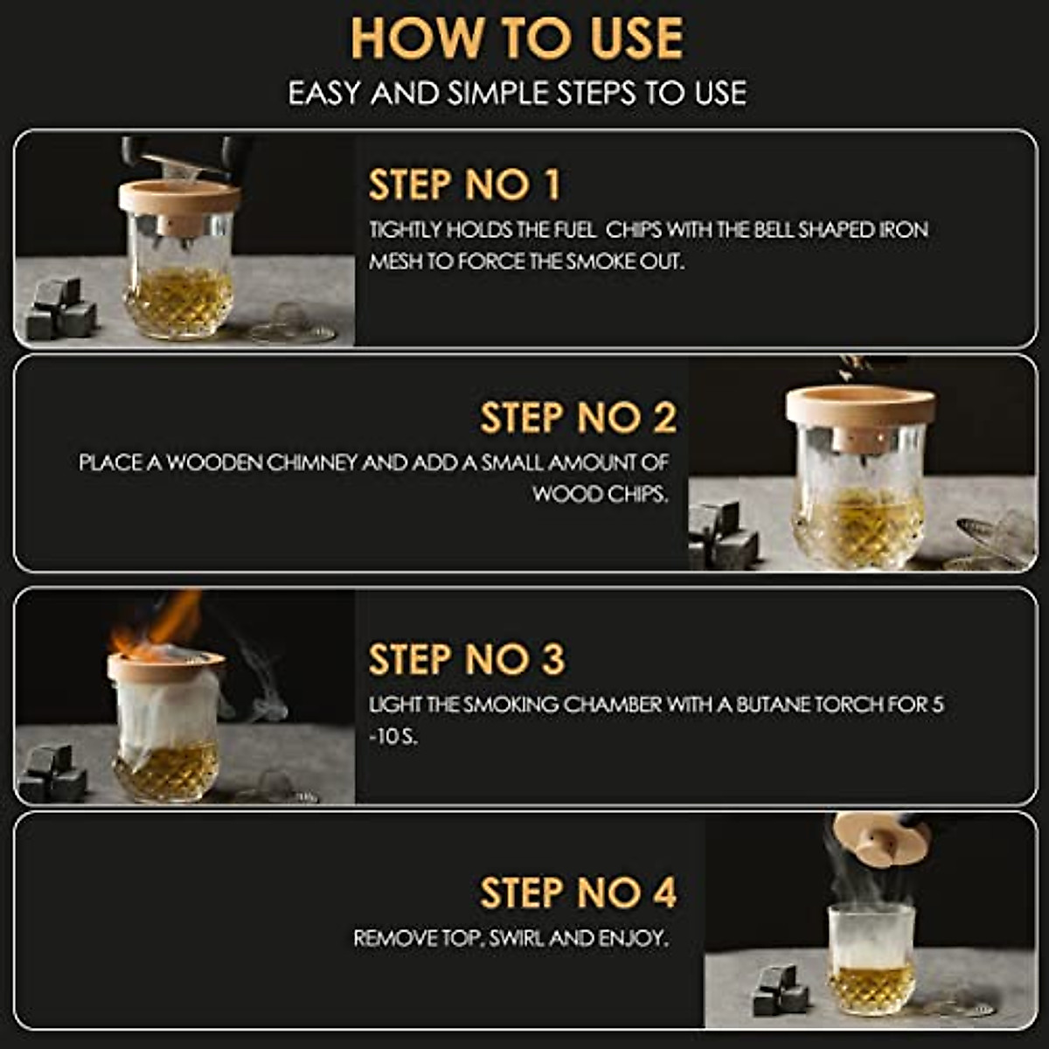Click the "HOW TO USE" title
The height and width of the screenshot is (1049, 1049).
[x=518, y=38]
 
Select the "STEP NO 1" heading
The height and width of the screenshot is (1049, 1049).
[x=464, y=184]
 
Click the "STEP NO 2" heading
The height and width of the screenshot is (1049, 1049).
[x=578, y=418]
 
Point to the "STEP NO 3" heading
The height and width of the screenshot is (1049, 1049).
[x=467, y=659]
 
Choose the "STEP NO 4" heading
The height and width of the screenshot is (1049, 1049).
[x=578, y=893]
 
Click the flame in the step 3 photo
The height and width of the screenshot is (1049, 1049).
[x=158, y=624]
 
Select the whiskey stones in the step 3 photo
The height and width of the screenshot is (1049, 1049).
[x=52, y=773]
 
